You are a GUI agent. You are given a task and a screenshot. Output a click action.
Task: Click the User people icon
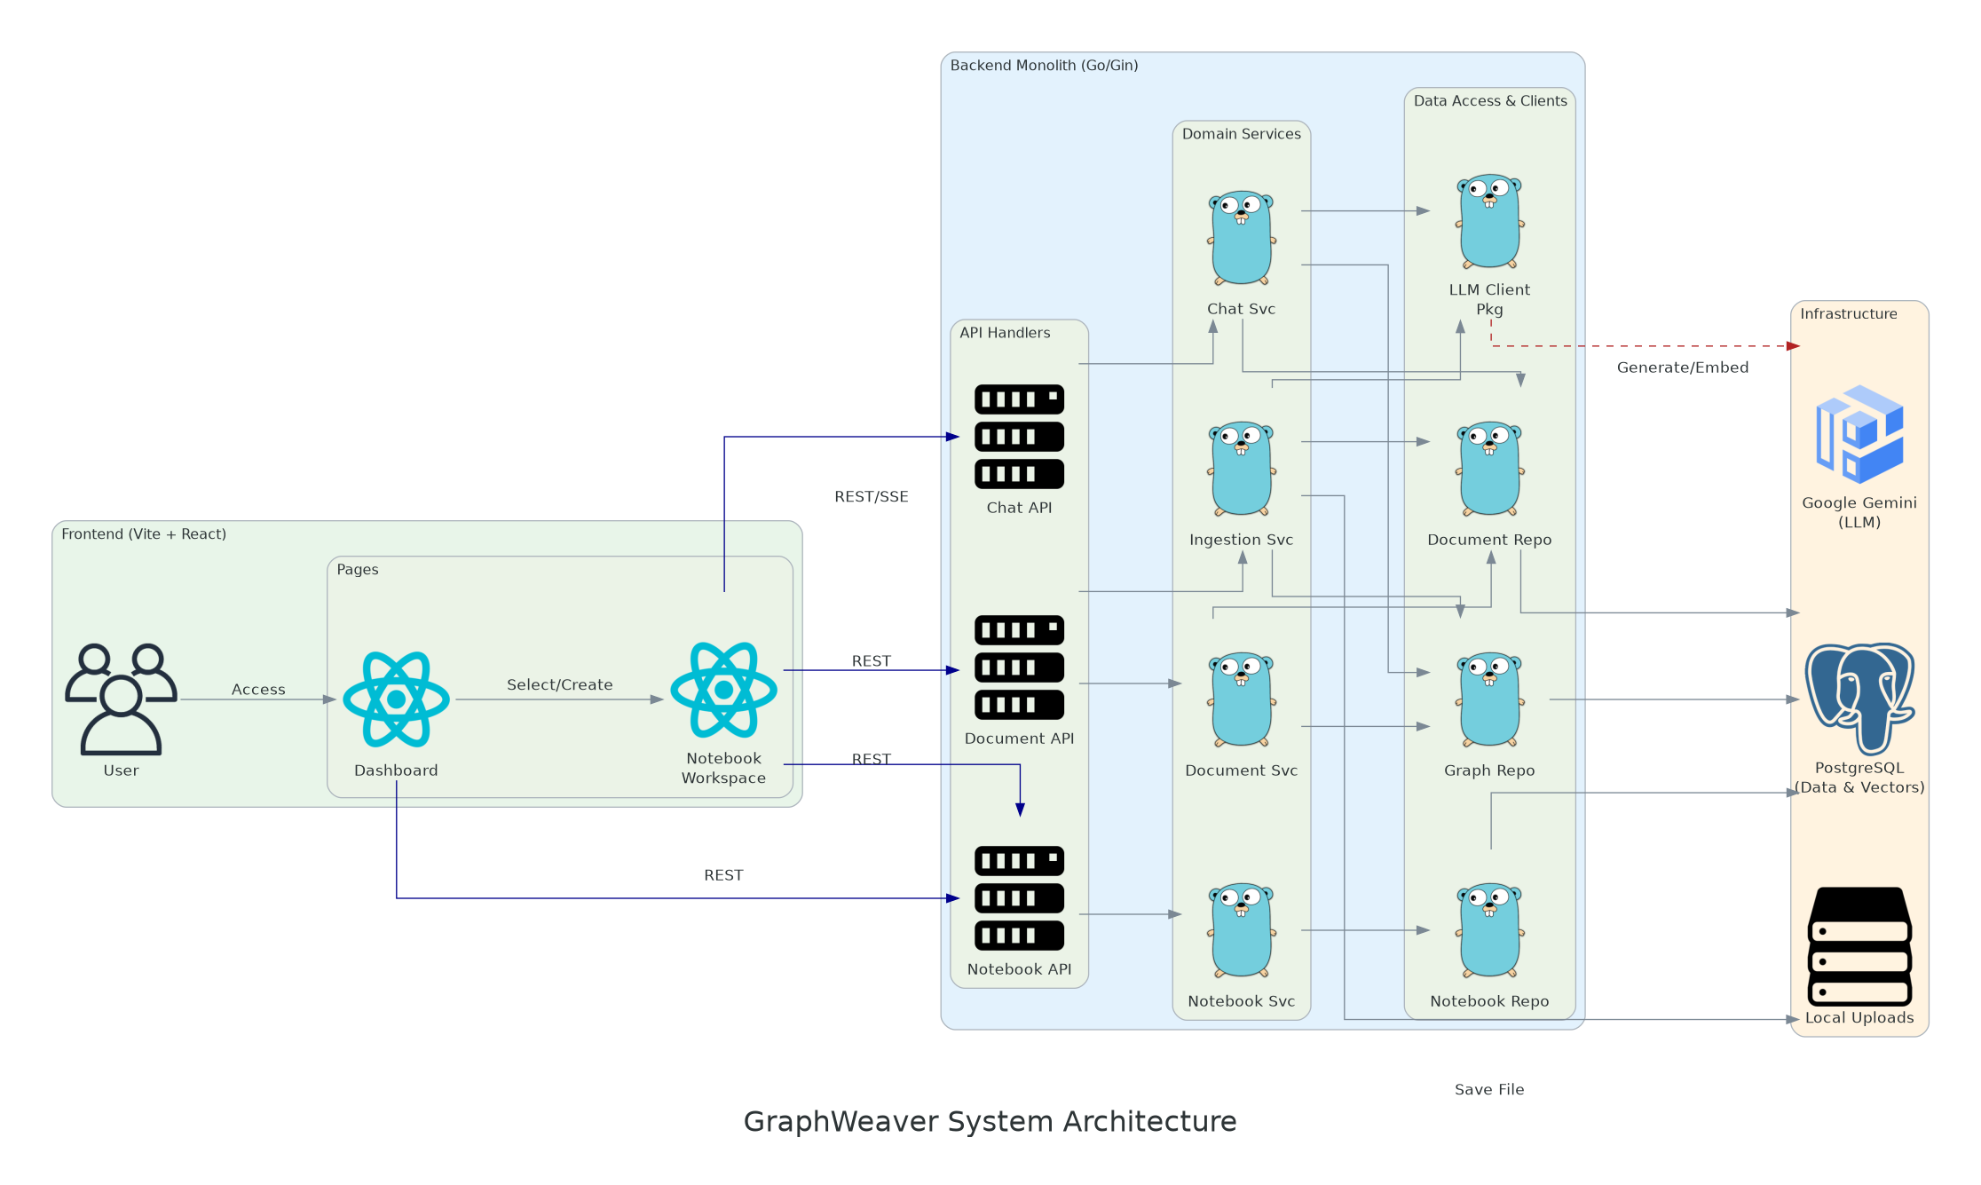[x=121, y=699]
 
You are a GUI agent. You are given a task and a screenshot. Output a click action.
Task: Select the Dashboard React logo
[x=396, y=699]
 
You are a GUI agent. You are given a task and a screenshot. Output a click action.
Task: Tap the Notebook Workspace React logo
[x=723, y=690]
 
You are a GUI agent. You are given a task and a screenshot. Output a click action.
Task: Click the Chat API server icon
[x=1019, y=437]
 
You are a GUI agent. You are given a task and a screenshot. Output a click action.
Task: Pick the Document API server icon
[x=1019, y=668]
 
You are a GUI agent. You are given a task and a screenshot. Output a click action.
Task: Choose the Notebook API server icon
[x=1019, y=897]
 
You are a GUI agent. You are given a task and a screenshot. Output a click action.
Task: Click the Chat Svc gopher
[x=1241, y=237]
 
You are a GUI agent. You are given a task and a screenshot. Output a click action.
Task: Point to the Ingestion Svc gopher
[x=1241, y=469]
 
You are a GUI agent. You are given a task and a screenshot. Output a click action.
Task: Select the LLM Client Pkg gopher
[x=1489, y=221]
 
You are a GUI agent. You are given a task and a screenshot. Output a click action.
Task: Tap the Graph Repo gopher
[x=1489, y=699]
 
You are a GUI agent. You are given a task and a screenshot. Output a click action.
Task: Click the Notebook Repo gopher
[x=1489, y=930]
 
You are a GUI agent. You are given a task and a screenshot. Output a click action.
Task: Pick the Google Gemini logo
[x=1859, y=434]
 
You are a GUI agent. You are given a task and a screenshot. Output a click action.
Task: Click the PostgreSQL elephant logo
[x=1859, y=698]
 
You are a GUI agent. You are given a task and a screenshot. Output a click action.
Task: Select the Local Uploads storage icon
[x=1859, y=946]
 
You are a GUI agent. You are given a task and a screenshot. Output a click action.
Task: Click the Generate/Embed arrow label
[x=1682, y=367]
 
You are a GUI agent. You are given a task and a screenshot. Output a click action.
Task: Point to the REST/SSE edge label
[x=871, y=497]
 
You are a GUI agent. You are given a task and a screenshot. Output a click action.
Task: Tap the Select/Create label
[x=559, y=685]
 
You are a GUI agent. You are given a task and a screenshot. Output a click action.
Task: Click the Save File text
[x=1488, y=1089]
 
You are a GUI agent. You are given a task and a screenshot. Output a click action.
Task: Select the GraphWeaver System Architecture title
[x=990, y=1121]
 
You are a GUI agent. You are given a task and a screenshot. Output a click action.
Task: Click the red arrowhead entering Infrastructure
[x=1793, y=346]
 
